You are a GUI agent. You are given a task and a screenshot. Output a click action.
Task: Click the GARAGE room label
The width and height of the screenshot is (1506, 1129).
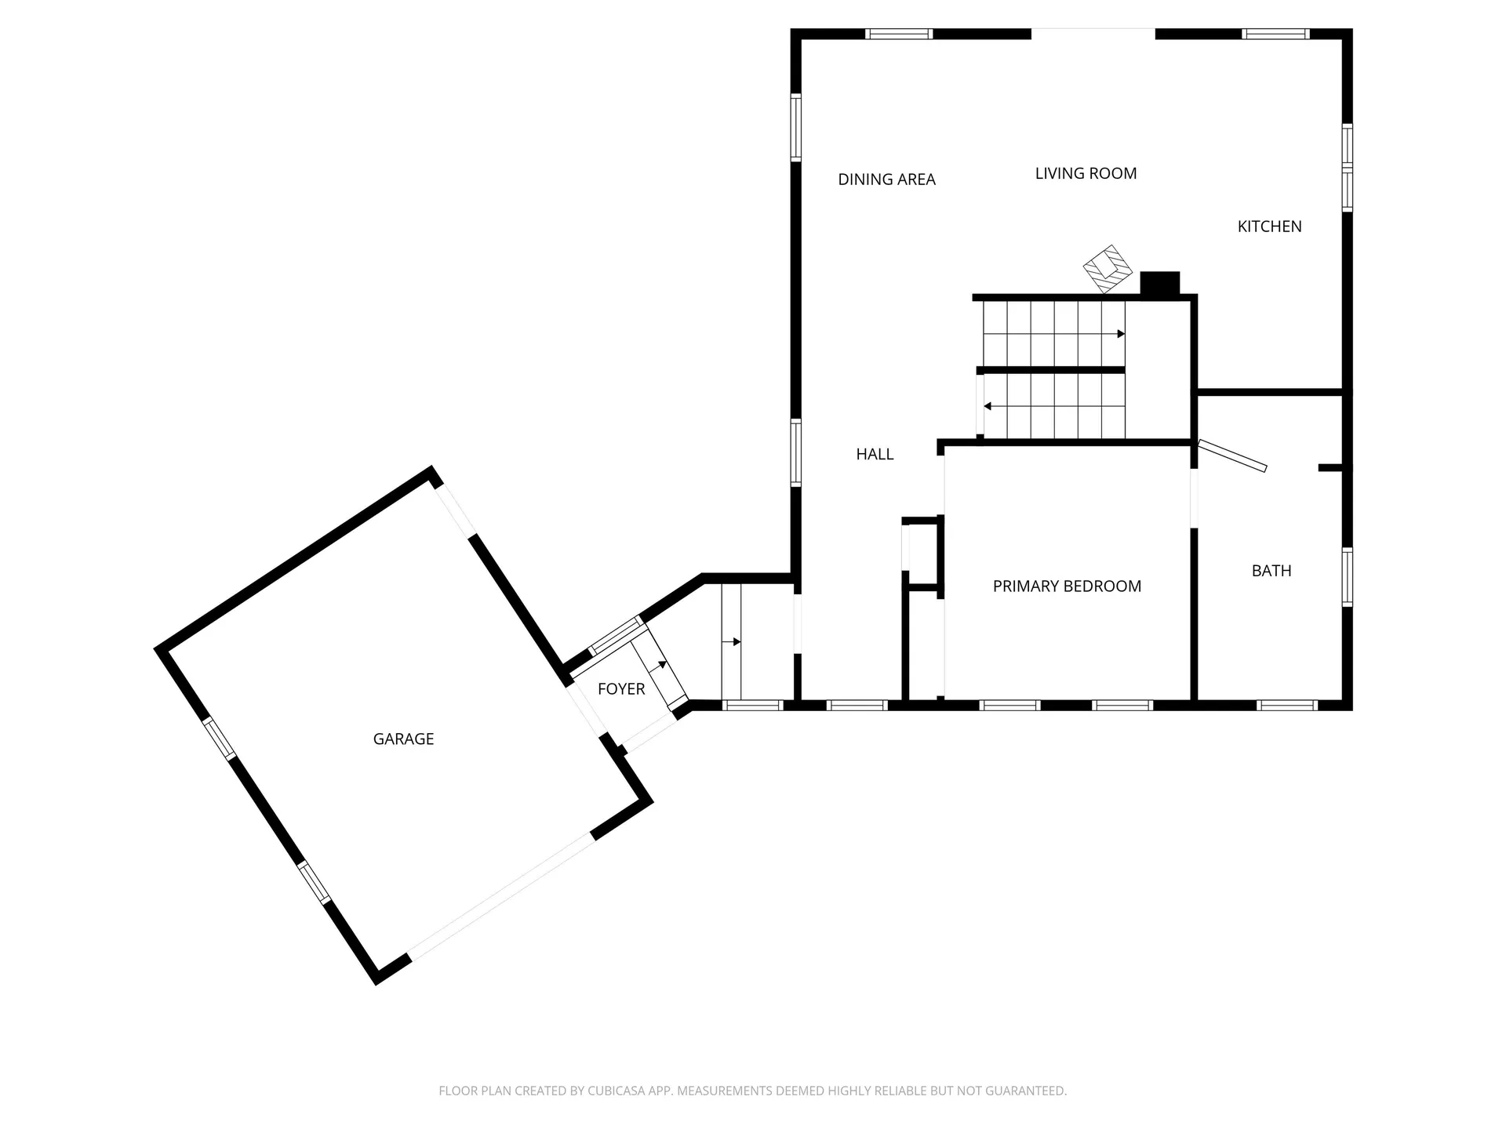pos(403,739)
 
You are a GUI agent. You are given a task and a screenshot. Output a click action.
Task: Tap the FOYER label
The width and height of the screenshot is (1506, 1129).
pos(621,689)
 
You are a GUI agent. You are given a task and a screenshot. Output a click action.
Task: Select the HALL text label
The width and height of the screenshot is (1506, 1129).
pos(875,454)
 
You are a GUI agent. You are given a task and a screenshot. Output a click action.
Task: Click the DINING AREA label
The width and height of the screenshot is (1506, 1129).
pos(886,180)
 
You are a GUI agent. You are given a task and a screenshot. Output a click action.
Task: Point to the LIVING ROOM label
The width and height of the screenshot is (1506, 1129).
pos(1086,173)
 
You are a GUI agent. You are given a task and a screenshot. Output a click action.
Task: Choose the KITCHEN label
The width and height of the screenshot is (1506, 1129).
pos(1269,227)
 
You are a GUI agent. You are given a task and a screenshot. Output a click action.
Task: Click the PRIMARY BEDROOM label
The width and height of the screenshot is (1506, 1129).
pos(1067,586)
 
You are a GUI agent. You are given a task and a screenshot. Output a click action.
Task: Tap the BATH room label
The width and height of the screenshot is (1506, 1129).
pos(1271,571)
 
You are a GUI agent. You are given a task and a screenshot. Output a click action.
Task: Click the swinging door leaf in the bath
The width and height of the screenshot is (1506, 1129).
pos(1232,456)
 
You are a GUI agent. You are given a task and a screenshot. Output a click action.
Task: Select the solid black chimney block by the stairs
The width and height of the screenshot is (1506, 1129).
pos(1159,283)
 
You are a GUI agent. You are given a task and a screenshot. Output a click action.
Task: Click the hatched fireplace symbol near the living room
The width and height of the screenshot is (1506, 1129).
pos(1108,270)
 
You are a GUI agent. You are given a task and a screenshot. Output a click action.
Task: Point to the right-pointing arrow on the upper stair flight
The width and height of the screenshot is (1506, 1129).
pos(1121,334)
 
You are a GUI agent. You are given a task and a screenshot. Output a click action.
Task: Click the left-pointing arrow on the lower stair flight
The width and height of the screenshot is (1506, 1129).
pos(988,406)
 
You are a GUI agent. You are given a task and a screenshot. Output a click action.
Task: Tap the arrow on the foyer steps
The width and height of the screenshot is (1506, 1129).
pos(663,665)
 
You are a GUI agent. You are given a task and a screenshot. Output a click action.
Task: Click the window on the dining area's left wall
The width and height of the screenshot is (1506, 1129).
pos(796,127)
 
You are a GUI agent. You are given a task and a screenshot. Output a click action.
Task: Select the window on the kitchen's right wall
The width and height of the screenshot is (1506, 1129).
pos(1347,168)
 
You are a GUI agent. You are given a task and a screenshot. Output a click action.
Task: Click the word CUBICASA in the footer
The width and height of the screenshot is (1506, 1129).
pos(617,1091)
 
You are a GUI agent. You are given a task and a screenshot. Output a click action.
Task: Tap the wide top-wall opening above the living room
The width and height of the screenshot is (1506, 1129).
pos(1093,33)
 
